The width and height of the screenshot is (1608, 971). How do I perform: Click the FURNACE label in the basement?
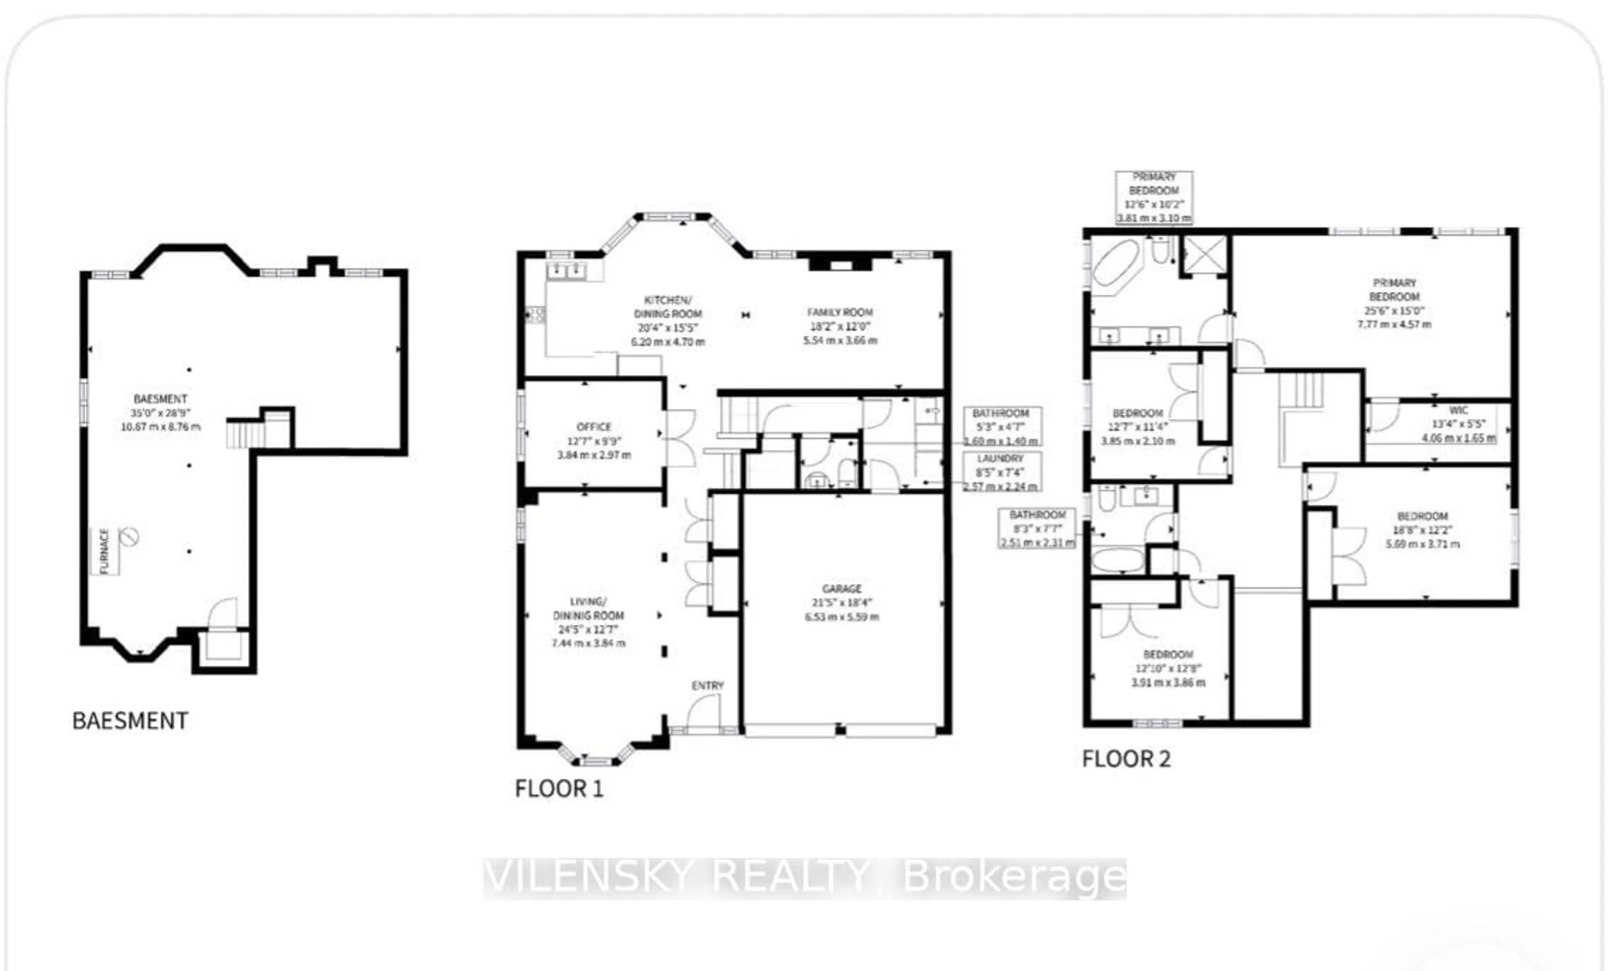tap(104, 551)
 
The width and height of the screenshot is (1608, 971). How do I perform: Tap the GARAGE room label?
tap(842, 588)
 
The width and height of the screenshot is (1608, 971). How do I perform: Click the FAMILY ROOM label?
tap(840, 312)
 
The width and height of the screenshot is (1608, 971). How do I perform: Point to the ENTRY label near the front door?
tap(707, 686)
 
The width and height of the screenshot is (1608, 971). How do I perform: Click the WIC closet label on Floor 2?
tap(1459, 410)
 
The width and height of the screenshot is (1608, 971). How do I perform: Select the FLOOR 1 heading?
tap(559, 789)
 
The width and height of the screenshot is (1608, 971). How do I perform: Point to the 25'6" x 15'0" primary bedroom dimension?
tap(1394, 311)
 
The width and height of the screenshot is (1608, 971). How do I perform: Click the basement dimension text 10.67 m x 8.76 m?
tap(160, 426)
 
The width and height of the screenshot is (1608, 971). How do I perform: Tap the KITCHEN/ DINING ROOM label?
tap(667, 306)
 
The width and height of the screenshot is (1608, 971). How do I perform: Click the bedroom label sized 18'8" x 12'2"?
tap(1422, 516)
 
